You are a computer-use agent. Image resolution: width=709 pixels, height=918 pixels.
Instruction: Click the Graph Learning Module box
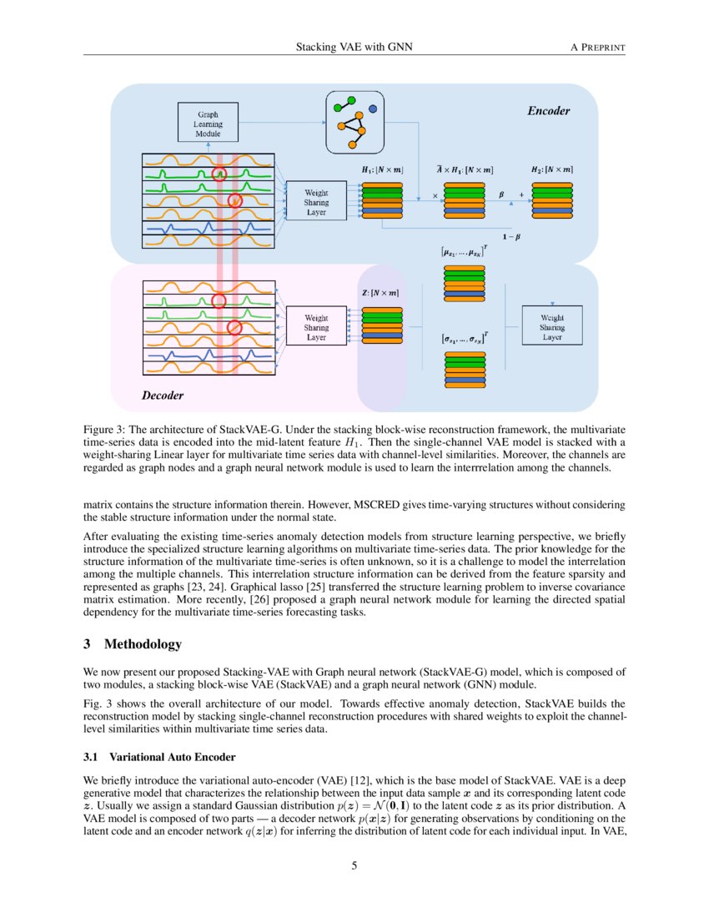point(209,123)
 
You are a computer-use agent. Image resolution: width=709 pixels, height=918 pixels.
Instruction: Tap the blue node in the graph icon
point(372,108)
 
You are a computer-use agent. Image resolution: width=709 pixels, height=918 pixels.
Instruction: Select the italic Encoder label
point(549,110)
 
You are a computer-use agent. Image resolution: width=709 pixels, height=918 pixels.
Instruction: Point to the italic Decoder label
point(163,394)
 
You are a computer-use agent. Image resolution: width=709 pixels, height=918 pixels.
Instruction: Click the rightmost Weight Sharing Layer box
point(551,327)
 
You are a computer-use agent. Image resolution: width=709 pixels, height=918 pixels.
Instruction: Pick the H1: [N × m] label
point(382,170)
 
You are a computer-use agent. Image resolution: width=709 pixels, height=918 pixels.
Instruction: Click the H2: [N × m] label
point(552,170)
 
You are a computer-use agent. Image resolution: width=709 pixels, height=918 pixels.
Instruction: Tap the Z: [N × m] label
point(379,294)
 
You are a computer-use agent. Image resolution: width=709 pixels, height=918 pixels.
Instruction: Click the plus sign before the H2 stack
point(522,195)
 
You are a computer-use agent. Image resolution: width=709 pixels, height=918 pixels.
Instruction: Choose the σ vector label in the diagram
point(465,339)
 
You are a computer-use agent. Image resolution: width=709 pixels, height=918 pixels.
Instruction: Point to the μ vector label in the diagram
point(465,251)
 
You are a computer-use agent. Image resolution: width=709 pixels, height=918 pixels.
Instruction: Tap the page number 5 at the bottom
point(354,865)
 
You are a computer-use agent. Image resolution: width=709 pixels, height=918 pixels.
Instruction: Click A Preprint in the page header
point(597,47)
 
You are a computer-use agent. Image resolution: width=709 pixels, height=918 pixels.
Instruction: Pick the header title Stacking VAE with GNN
point(354,47)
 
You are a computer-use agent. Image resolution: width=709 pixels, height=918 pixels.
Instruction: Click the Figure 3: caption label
point(109,428)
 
